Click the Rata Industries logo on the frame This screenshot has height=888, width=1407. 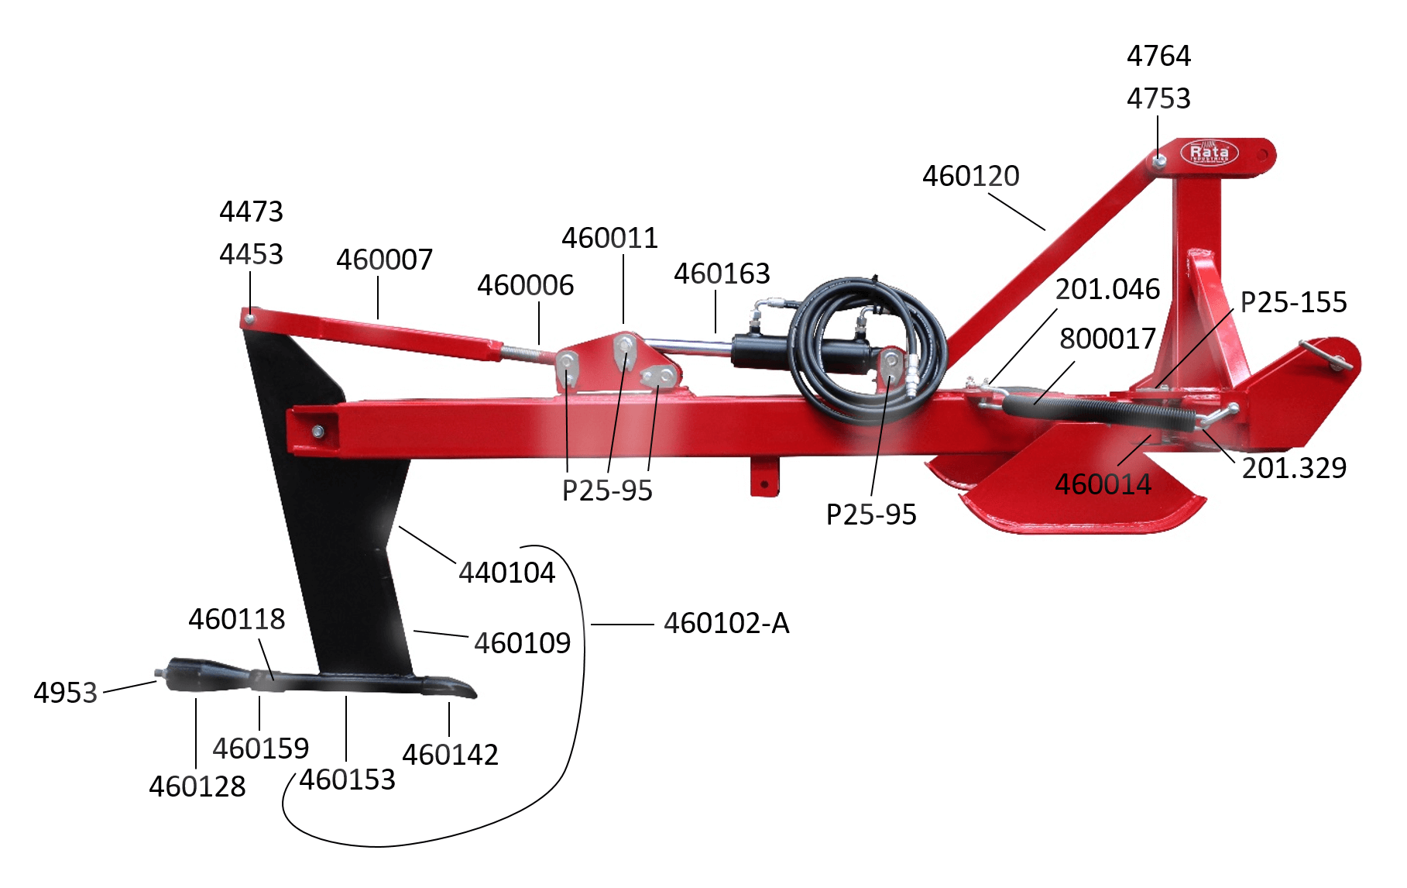click(1209, 152)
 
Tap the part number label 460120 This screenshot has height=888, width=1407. click(970, 177)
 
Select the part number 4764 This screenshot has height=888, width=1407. click(1158, 57)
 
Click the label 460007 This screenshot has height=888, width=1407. click(384, 260)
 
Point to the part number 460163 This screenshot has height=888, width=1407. click(722, 274)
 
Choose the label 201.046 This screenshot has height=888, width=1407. click(1107, 290)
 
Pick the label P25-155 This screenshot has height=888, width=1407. click(1293, 303)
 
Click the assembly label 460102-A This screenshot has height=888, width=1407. click(726, 624)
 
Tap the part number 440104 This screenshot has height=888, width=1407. click(506, 573)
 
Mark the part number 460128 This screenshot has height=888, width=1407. click(197, 787)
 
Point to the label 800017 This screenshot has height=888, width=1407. click(1107, 339)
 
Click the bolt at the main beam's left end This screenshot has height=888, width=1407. click(317, 431)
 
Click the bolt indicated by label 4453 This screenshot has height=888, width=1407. click(249, 318)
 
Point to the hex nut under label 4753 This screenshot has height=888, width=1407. click(1158, 161)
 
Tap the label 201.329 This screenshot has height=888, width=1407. click(1294, 469)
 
